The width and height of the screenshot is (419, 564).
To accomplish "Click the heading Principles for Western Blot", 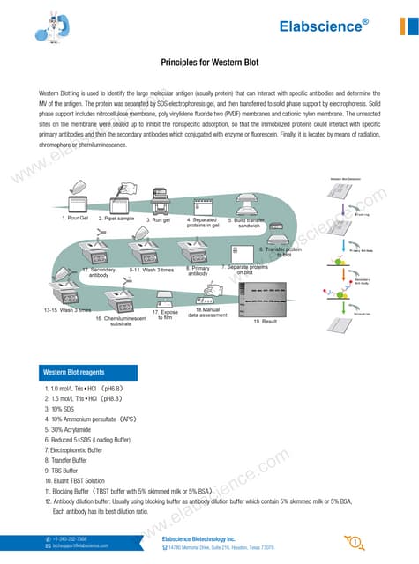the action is pyautogui.click(x=209, y=63).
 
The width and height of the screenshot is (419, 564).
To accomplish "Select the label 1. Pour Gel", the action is pyautogui.click(x=77, y=217).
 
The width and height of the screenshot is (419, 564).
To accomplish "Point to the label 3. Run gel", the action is pyautogui.click(x=160, y=219).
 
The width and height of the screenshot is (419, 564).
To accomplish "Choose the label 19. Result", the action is pyautogui.click(x=266, y=323).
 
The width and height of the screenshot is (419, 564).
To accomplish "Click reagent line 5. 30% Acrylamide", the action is pyautogui.click(x=70, y=429).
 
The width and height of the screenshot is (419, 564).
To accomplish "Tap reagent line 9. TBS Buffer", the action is pyautogui.click(x=64, y=470).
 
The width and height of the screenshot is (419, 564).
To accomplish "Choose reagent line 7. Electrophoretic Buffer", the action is pyautogui.click(x=78, y=449).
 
